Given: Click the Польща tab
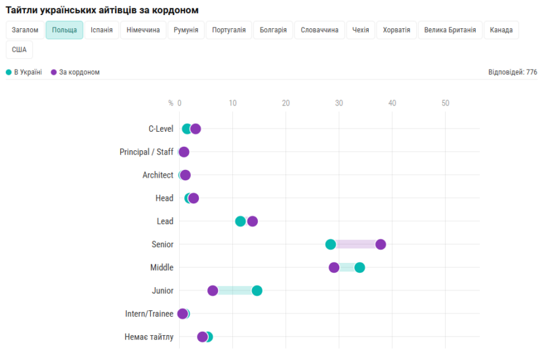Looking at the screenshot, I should [x=64, y=30].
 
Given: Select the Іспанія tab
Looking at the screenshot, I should [x=102, y=30].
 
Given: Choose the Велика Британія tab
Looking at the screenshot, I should [x=450, y=30].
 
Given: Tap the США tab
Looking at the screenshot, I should [x=19, y=50].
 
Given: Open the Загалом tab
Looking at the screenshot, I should [x=25, y=30].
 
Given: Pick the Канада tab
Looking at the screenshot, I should [x=501, y=30].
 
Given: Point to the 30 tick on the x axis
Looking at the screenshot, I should [x=339, y=103].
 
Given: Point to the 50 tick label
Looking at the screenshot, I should [x=445, y=103].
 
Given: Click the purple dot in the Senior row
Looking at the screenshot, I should [x=381, y=245].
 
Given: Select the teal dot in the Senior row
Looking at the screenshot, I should [x=331, y=245].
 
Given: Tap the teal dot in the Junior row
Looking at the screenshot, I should [x=257, y=290].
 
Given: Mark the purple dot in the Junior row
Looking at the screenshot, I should [x=213, y=290].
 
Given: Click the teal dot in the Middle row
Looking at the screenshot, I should [x=360, y=268].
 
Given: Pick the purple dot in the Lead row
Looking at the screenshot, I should [x=253, y=221].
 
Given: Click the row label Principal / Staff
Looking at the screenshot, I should [x=146, y=152].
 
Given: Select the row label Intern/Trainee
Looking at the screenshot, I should [x=149, y=314].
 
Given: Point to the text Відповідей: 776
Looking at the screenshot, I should [x=513, y=72].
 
